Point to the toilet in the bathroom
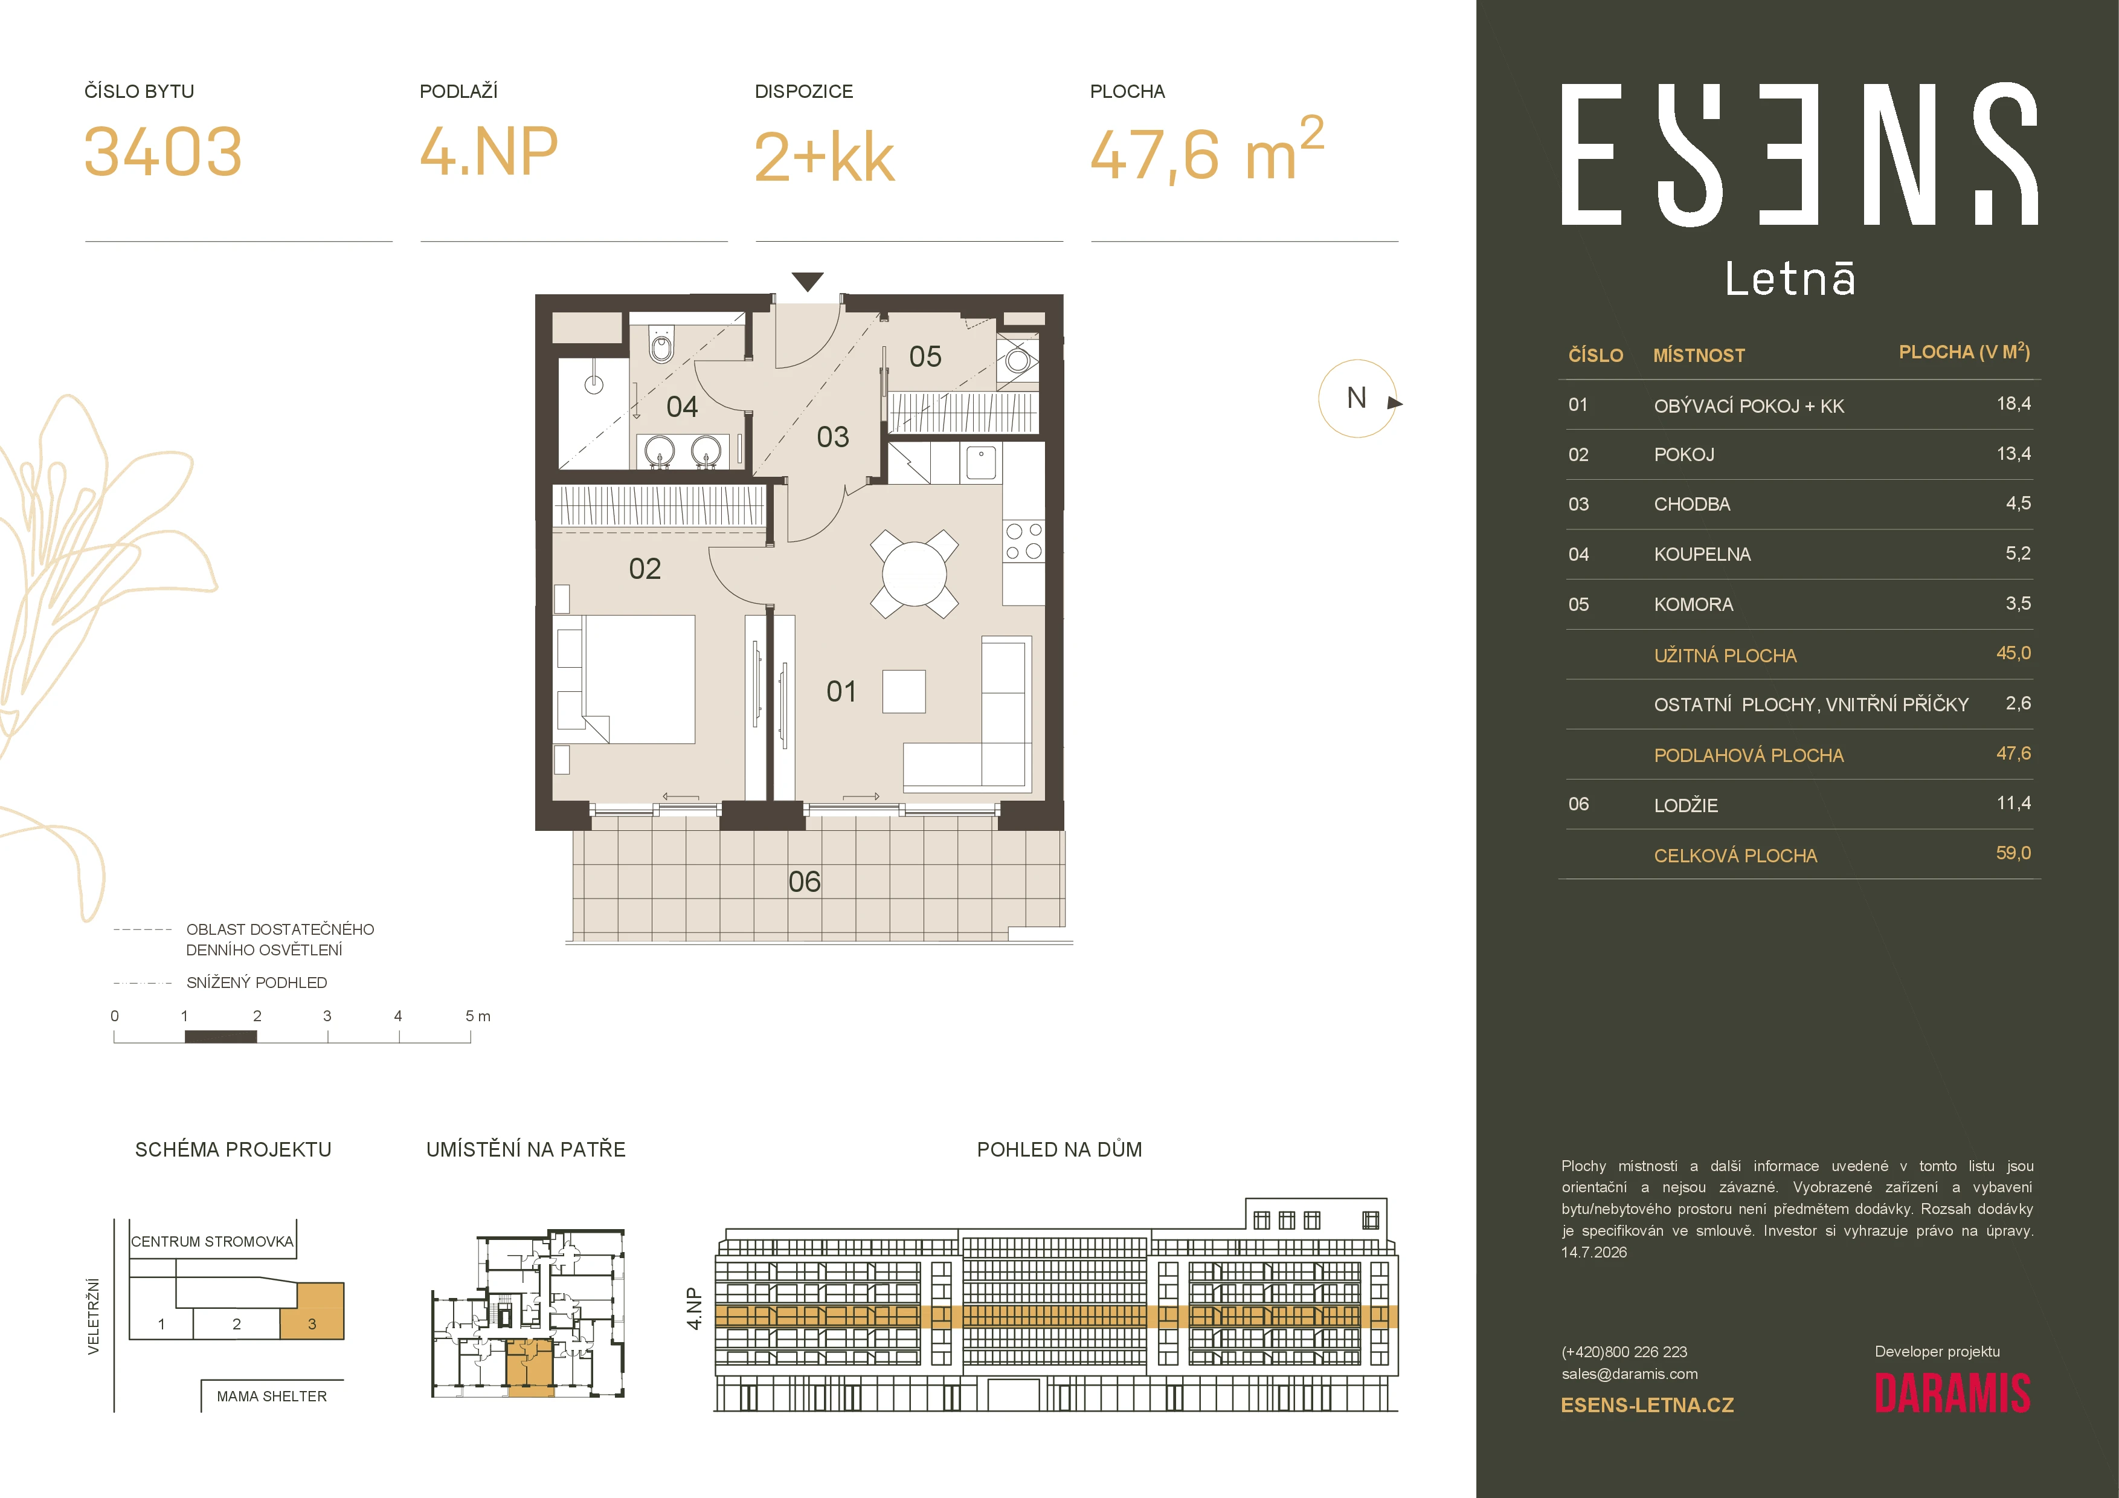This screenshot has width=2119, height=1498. click(661, 344)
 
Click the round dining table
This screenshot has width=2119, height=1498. click(914, 573)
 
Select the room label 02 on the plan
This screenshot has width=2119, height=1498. click(645, 569)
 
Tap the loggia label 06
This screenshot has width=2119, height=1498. click(804, 882)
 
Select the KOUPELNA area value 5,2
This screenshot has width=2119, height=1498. click(2018, 553)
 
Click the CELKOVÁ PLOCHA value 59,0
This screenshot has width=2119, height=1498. click(2013, 853)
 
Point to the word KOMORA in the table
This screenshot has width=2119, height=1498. click(1694, 604)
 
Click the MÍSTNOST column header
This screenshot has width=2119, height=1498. click(1699, 355)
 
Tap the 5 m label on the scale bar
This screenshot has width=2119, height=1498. click(478, 1016)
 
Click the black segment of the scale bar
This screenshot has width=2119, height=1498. click(220, 1036)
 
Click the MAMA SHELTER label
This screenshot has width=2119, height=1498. click(271, 1396)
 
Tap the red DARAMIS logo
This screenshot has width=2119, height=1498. click(1952, 1393)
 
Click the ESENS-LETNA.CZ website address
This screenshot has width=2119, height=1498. click(1647, 1406)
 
